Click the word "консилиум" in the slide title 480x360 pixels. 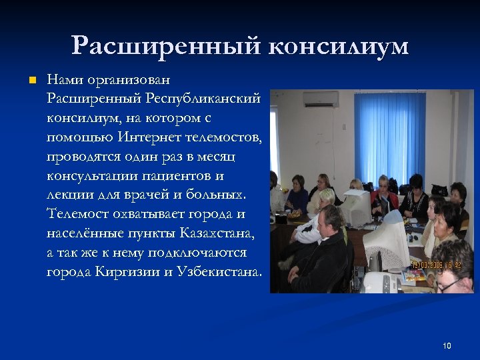[x=340, y=47]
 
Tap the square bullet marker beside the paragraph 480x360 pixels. [x=31, y=81]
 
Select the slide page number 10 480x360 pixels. [x=447, y=345]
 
